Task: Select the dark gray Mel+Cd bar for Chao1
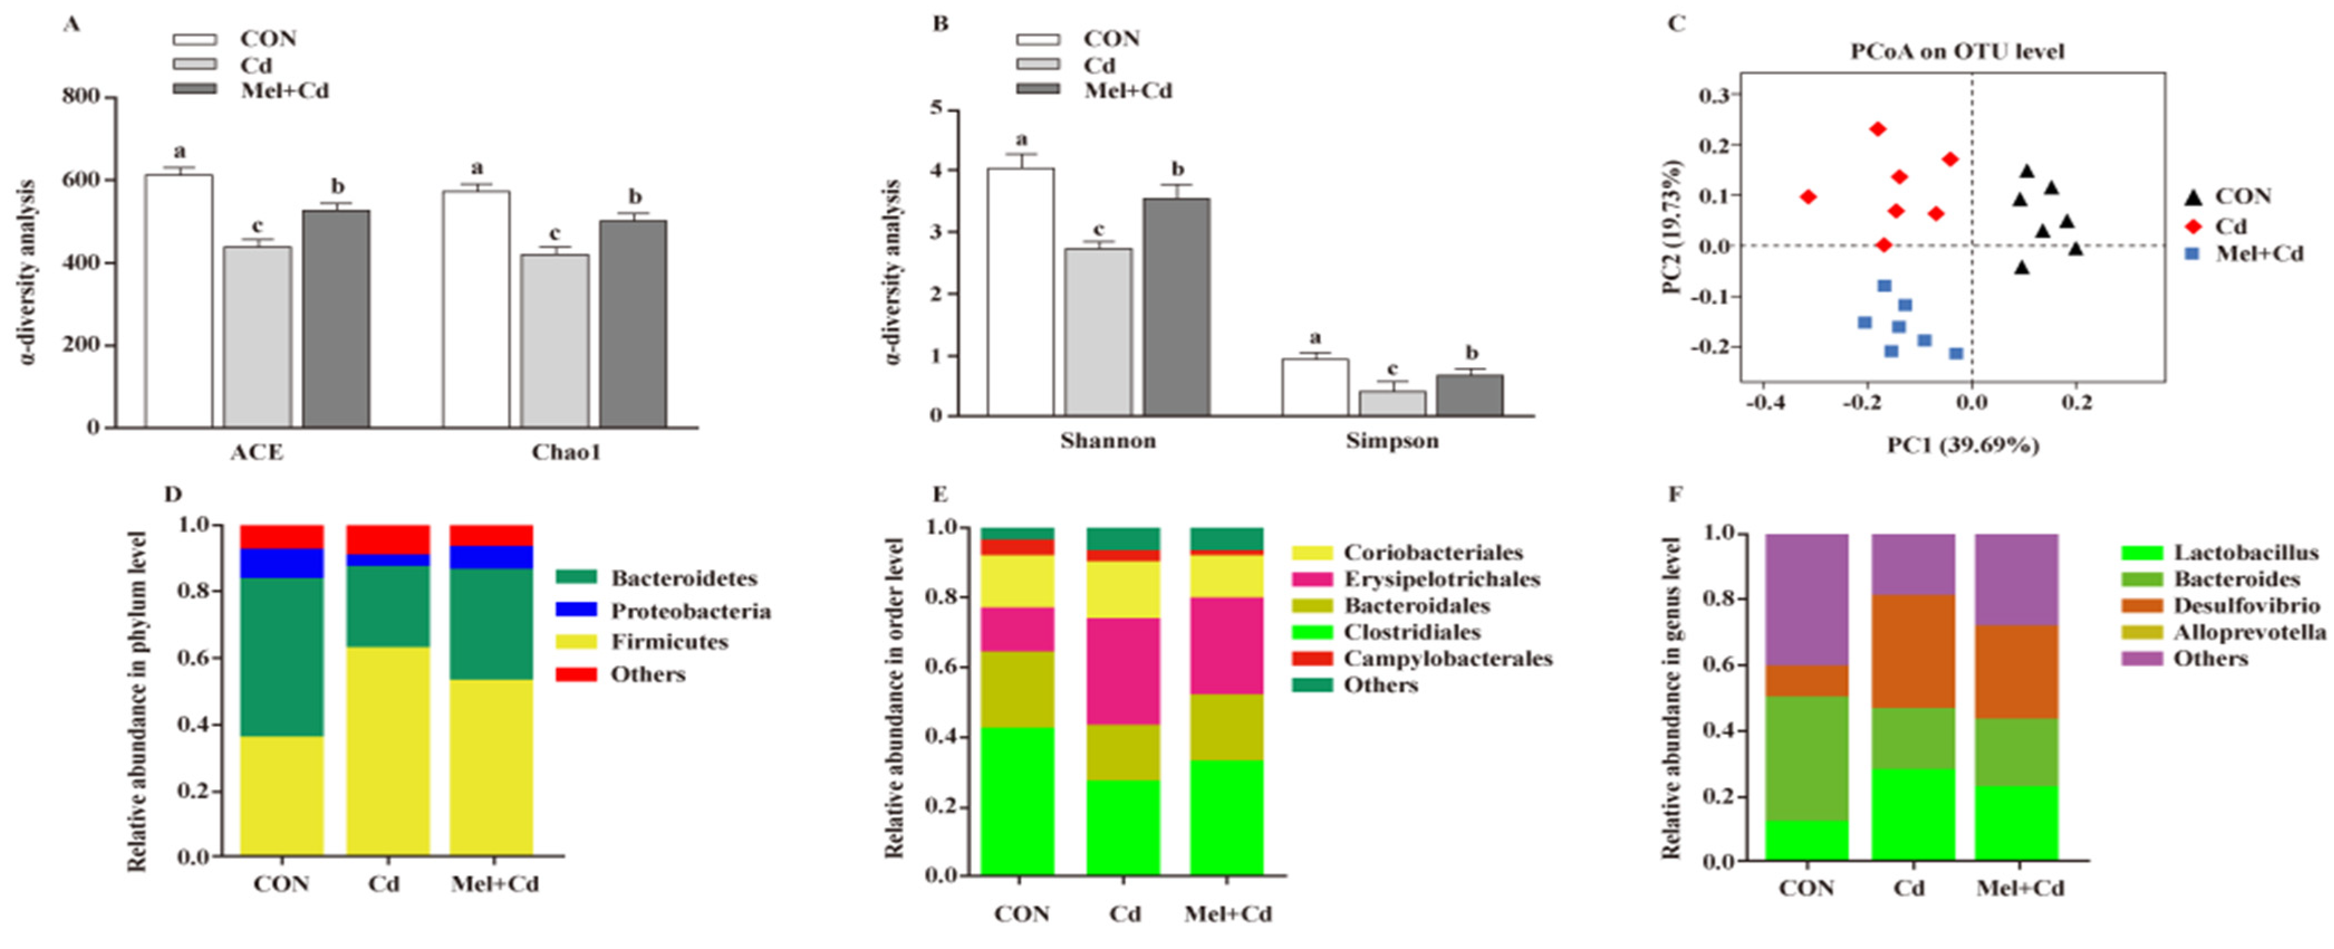coord(633,324)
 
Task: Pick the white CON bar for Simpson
coord(1315,388)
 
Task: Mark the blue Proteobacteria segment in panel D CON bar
coord(282,563)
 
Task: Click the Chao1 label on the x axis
coord(566,452)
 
